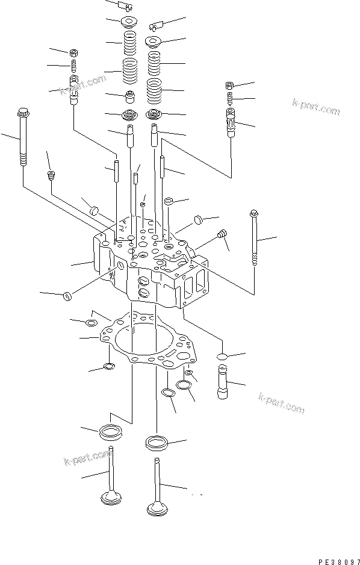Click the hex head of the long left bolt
tap(23, 113)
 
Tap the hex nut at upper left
tap(73, 53)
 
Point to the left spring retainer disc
tap(129, 23)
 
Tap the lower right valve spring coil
tap(155, 90)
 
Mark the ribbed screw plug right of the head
tap(222, 234)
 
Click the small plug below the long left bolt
tap(52, 176)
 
